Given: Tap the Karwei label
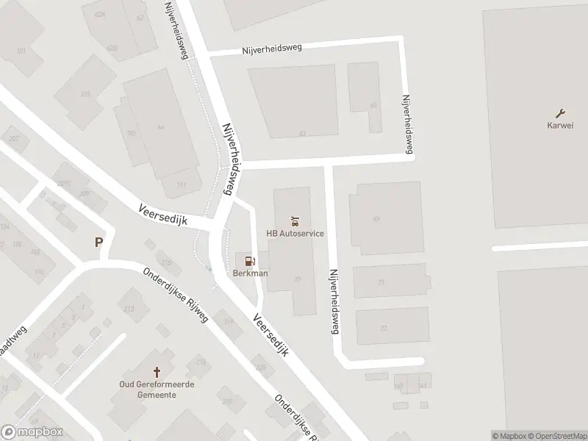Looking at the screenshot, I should click(x=559, y=124).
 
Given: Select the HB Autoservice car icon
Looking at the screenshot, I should click(x=295, y=220).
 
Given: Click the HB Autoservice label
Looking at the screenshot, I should click(x=295, y=234).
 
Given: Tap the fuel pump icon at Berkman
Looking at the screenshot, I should click(x=250, y=261).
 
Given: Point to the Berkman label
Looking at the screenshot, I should click(x=250, y=273).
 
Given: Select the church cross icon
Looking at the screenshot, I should click(x=156, y=373).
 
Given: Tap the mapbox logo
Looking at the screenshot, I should click(x=32, y=432).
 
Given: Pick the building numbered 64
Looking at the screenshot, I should click(x=160, y=126).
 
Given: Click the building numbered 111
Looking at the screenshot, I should click(x=182, y=184).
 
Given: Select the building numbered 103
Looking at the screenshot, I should click(x=85, y=94).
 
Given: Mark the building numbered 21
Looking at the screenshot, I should click(x=381, y=282).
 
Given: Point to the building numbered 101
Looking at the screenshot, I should click(x=21, y=50).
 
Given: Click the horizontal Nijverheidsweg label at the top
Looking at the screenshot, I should click(x=273, y=47).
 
